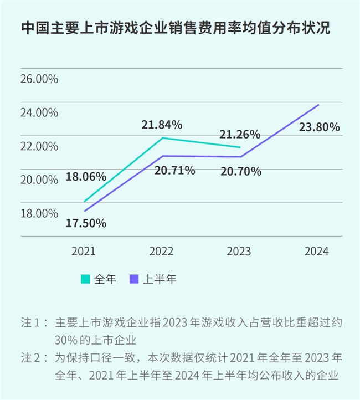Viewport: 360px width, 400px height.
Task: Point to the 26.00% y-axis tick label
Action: (39, 79)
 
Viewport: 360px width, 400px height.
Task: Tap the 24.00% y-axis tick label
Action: (39, 112)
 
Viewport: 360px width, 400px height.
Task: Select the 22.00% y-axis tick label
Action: (39, 146)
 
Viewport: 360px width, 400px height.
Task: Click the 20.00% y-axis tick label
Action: (39, 180)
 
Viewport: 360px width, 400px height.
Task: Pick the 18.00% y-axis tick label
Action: (39, 213)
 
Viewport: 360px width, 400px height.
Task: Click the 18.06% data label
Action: (86, 177)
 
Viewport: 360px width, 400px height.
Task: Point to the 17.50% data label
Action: (86, 223)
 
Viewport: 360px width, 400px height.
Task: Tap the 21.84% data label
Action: (162, 125)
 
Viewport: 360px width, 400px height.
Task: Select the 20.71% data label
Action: (174, 171)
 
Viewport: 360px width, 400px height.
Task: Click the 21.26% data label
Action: (240, 134)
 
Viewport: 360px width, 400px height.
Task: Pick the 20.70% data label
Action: (240, 172)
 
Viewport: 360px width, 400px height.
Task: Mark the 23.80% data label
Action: (319, 127)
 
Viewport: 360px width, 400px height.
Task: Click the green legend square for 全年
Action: (86, 279)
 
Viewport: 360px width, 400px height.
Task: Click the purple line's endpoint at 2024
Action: (318, 105)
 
